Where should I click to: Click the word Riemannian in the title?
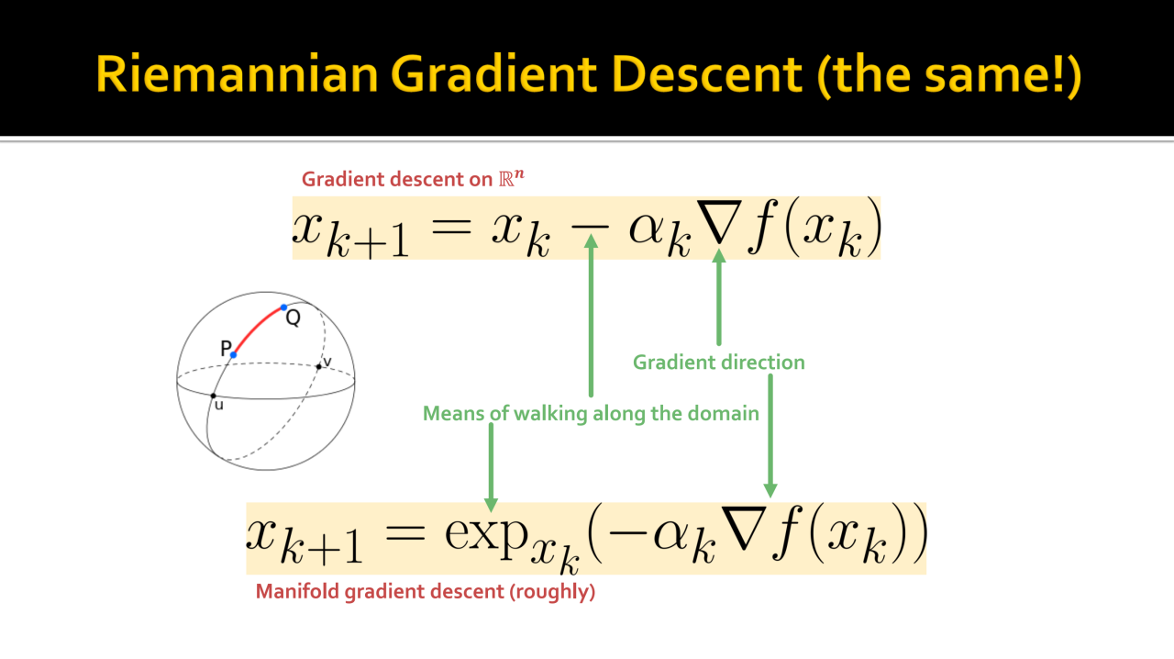click(237, 73)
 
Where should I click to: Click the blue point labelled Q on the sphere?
click(284, 307)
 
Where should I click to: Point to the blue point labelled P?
click(233, 355)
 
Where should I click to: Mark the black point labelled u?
click(214, 396)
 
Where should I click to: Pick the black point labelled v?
click(318, 367)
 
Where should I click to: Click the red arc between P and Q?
click(256, 328)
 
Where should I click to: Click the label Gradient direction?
click(718, 363)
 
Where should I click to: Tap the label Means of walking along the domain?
click(591, 413)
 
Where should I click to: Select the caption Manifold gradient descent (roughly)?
click(426, 592)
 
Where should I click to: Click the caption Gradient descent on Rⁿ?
click(413, 179)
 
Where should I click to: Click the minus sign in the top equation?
click(590, 228)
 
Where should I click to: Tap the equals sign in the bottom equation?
click(404, 533)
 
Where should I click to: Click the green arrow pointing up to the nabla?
click(718, 297)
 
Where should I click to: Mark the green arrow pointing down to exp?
click(491, 467)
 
